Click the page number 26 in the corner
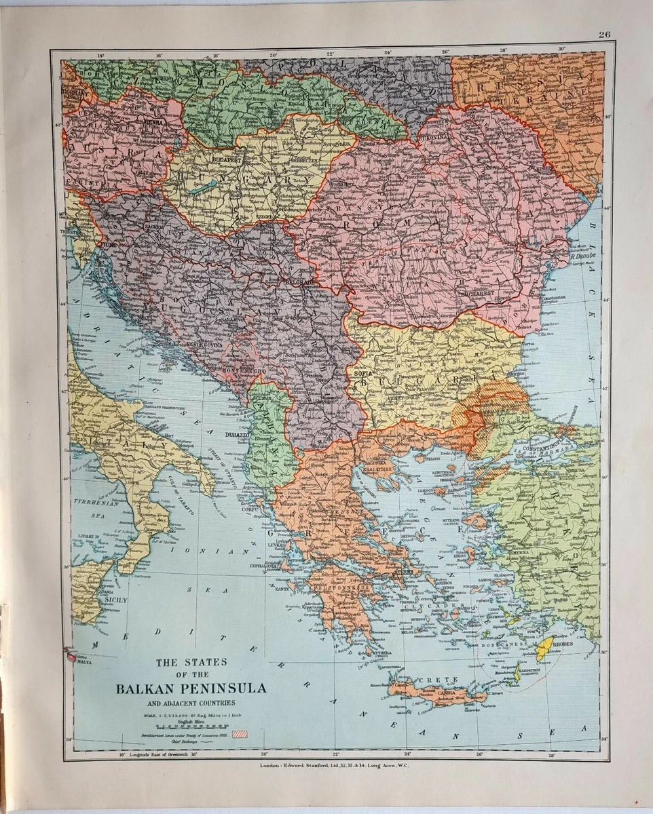(605, 35)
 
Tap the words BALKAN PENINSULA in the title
(191, 689)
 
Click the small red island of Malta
(70, 655)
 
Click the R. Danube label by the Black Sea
(582, 257)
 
